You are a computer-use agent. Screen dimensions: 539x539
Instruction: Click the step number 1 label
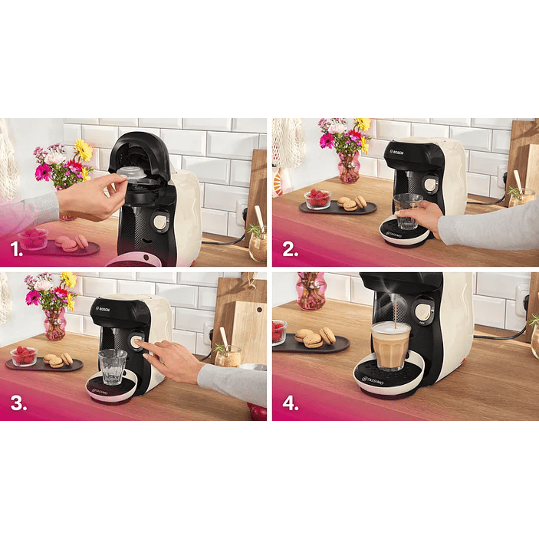pos(16,249)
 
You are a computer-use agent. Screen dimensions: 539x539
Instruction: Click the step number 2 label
pos(290,249)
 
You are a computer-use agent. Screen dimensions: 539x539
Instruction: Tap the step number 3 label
pos(18,403)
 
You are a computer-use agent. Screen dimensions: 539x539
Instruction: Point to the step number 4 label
pos(291,403)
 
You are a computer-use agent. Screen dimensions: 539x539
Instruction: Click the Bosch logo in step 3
pos(103,309)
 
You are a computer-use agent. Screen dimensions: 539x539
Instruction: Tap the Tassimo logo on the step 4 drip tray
pos(373,381)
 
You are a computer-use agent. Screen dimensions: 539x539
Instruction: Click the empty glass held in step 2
pos(408,212)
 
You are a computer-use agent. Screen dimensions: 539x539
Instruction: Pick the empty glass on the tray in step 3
pos(113,367)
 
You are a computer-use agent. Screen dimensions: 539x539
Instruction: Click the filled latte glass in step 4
pos(390,346)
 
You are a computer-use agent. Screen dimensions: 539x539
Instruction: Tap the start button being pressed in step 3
pos(136,341)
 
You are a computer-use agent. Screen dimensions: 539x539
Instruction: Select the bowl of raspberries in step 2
pos(317,199)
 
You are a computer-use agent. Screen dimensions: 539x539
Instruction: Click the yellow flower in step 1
pos(84,150)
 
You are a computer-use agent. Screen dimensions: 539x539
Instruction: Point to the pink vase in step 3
pos(55,324)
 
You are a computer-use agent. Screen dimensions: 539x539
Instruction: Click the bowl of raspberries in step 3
pos(24,356)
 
